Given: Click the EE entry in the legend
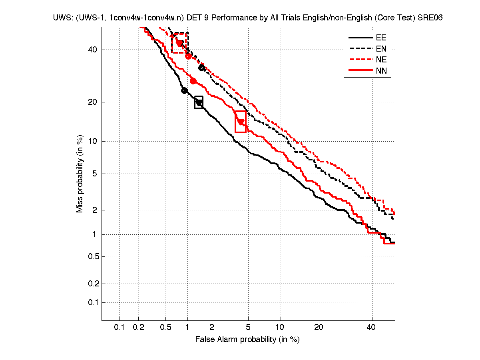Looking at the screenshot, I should [x=381, y=38].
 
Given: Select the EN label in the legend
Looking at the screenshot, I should [x=381, y=49].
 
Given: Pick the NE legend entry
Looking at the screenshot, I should [x=381, y=60].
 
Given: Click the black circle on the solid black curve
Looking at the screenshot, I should [x=184, y=90].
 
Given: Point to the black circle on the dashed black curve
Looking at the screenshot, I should [x=202, y=68].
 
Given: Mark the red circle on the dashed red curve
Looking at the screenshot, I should [x=188, y=56].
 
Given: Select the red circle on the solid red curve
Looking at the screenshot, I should [x=193, y=81].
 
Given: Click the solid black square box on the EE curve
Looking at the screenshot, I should [x=199, y=103].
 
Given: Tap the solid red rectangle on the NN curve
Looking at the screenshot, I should [x=241, y=122].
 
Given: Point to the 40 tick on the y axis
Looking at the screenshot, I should [x=92, y=50].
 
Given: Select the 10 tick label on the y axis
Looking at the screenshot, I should [x=92, y=141].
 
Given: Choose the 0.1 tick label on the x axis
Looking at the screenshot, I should [x=120, y=328].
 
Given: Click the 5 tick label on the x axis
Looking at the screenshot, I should [x=249, y=328].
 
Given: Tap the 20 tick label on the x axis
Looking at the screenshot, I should [x=319, y=328].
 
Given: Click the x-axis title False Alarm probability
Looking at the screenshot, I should [x=247, y=340].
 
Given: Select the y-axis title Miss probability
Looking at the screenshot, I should [x=80, y=173].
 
